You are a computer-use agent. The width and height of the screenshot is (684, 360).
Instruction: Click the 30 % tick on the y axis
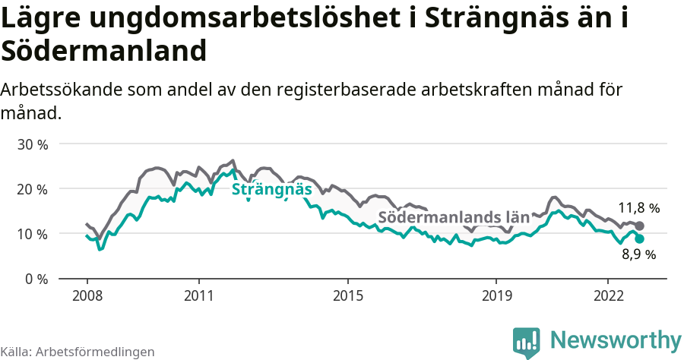[33, 144]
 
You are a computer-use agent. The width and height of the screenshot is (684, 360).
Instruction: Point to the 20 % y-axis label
[33, 189]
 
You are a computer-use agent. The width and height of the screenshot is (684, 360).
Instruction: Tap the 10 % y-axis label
[33, 234]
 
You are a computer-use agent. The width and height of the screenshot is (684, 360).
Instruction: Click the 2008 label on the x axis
[87, 295]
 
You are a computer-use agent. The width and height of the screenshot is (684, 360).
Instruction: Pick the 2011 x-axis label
[198, 295]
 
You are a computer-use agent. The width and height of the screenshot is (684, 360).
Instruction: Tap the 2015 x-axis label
[347, 295]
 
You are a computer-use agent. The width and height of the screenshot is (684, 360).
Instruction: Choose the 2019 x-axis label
[496, 295]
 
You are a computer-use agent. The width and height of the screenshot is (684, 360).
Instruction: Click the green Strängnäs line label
[271, 189]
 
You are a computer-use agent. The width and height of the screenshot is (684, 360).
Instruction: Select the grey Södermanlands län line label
[453, 217]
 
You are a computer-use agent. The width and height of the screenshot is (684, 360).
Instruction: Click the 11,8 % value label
[638, 207]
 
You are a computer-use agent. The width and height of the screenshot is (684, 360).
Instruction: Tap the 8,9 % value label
[638, 255]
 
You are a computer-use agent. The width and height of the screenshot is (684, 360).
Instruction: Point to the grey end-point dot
[640, 226]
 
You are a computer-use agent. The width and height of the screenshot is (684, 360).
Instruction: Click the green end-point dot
[640, 238]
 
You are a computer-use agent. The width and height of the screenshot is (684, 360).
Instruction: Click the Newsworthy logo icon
[527, 341]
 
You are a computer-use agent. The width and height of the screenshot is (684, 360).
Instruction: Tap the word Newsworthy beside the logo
[616, 339]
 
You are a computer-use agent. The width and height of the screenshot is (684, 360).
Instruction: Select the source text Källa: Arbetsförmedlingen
[78, 352]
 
